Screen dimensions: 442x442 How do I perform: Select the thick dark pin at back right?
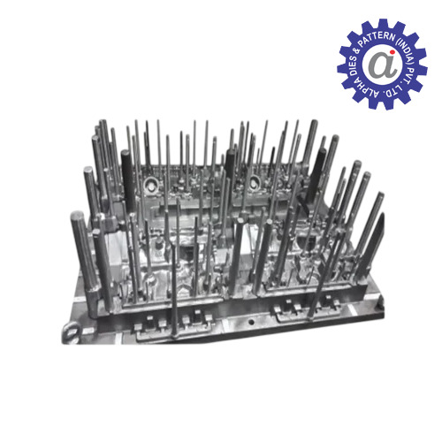pos(321,168)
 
